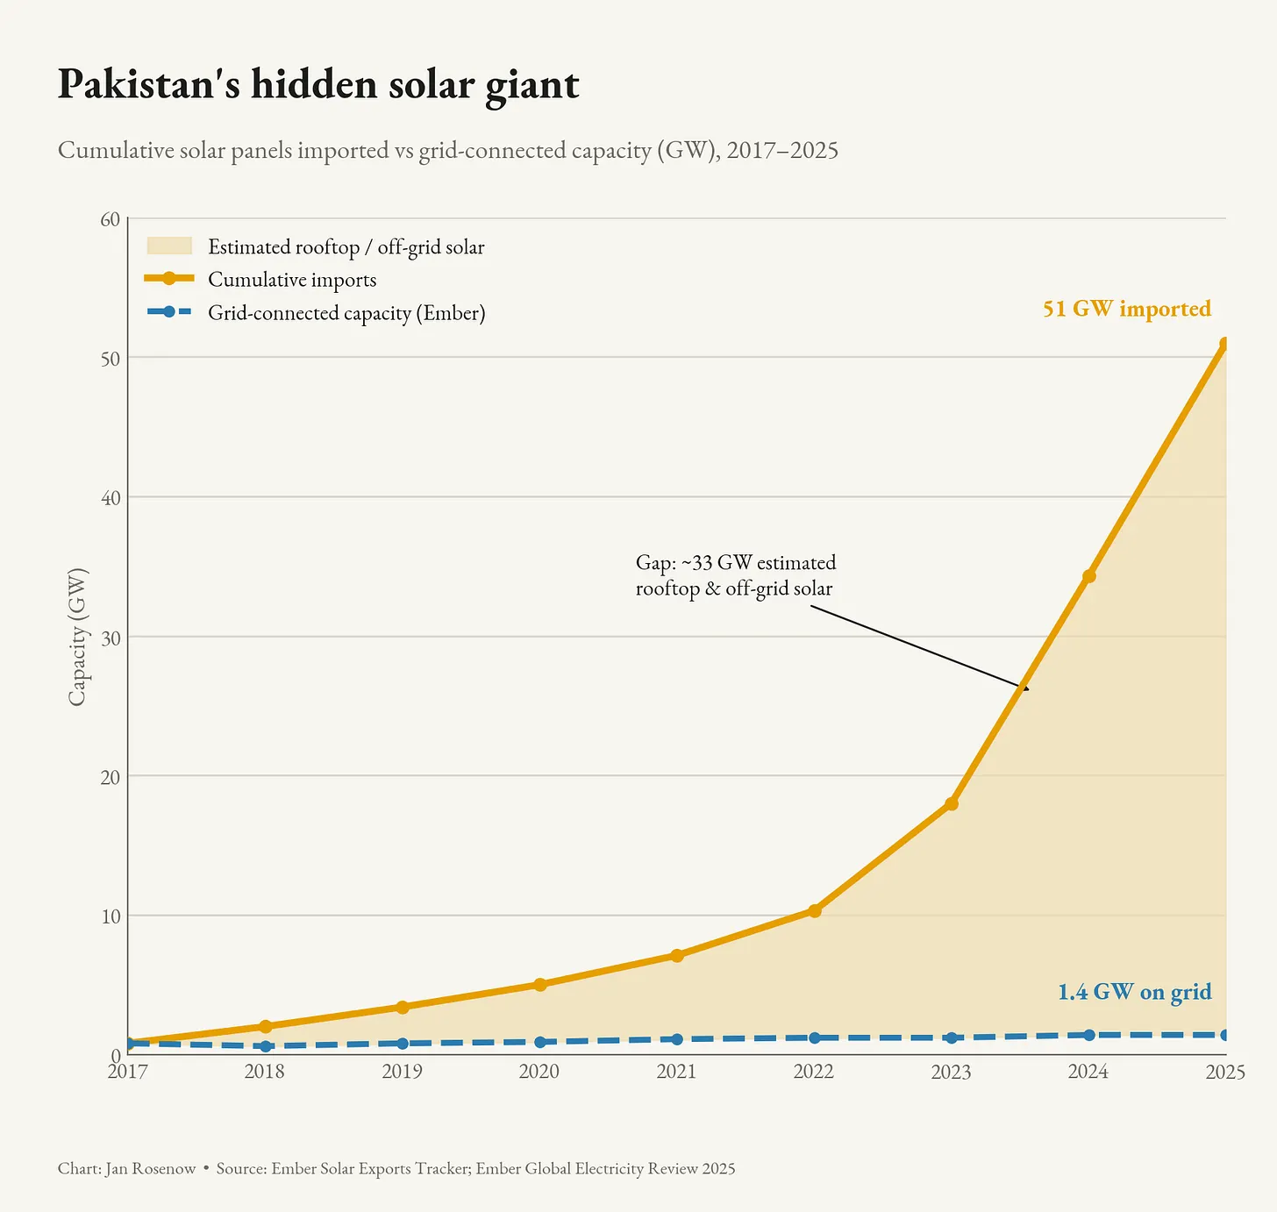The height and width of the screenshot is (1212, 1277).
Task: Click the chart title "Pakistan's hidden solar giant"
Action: point(318,84)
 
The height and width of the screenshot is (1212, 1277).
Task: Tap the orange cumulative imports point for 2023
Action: point(952,804)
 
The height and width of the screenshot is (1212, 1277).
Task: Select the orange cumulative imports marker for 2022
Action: point(815,911)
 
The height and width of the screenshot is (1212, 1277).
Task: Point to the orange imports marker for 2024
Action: point(1089,576)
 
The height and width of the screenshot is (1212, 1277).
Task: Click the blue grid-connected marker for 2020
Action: point(539,1042)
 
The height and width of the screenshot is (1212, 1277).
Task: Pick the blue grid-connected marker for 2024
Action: point(1089,1035)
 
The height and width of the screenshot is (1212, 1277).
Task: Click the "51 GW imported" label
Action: point(1127,309)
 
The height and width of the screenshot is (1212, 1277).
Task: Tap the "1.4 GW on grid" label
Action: point(1135,992)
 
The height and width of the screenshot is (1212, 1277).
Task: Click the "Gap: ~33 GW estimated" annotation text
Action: point(735,562)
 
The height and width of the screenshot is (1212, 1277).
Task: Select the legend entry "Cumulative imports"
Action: point(292,280)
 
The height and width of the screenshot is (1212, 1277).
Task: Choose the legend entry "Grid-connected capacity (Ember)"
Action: point(346,313)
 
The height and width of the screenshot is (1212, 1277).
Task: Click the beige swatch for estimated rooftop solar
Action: point(169,246)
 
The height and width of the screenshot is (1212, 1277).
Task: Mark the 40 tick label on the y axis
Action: point(111,498)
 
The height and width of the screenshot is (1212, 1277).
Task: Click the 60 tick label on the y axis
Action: point(111,219)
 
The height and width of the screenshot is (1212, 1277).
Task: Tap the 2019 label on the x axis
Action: point(402,1072)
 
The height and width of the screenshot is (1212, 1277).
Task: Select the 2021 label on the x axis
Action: point(676,1072)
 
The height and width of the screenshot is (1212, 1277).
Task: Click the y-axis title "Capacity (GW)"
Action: point(77,638)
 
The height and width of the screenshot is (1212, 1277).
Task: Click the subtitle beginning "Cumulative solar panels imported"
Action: point(448,151)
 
